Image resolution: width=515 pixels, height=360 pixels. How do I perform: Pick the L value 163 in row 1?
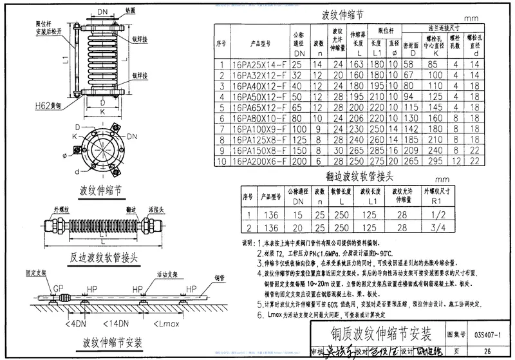point(357,65)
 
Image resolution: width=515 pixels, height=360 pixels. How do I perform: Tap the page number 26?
point(487,350)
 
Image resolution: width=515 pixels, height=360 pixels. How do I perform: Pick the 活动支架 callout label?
point(158,274)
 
